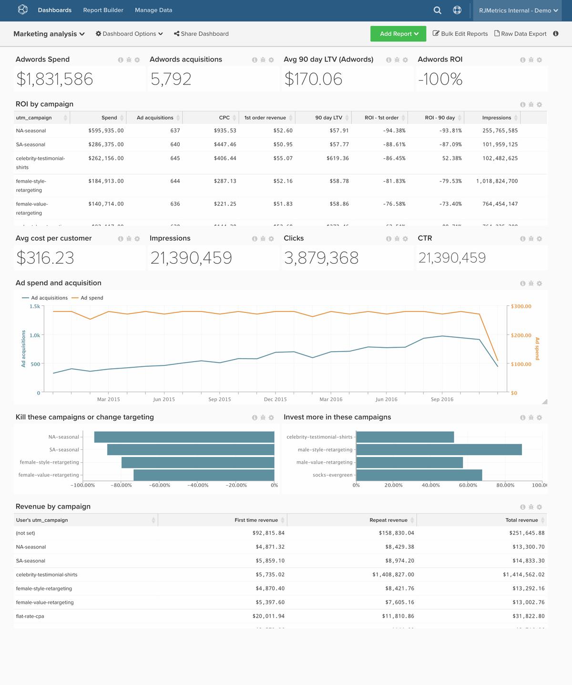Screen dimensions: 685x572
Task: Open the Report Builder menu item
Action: pyautogui.click(x=103, y=10)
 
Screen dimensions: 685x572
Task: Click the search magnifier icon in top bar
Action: pyautogui.click(x=437, y=10)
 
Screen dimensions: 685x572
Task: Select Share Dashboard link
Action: pyautogui.click(x=201, y=34)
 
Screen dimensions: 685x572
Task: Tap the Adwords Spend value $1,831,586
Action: pyautogui.click(x=55, y=79)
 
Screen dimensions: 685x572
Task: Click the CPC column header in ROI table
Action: pyautogui.click(x=224, y=118)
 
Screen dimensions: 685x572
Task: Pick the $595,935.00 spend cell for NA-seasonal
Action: pyautogui.click(x=106, y=131)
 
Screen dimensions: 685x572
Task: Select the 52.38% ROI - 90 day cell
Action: pyautogui.click(x=451, y=158)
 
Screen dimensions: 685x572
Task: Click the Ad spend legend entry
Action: pyautogui.click(x=92, y=298)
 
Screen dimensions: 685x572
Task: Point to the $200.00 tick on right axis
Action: pyautogui.click(x=521, y=335)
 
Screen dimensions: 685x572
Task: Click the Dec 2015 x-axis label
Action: pyautogui.click(x=275, y=399)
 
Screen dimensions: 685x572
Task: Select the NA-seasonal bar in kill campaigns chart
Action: pyautogui.click(x=184, y=437)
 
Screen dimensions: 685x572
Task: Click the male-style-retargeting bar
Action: pyautogui.click(x=439, y=450)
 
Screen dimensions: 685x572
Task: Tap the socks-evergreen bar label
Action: pyautogui.click(x=332, y=475)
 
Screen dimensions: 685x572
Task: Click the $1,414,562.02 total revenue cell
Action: pyautogui.click(x=523, y=575)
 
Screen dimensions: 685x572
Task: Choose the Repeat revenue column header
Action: pyautogui.click(x=388, y=520)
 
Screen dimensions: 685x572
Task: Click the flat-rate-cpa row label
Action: pyautogui.click(x=30, y=616)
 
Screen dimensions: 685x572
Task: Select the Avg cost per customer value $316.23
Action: pyautogui.click(x=45, y=258)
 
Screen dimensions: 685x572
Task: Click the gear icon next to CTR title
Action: pyautogui.click(x=539, y=239)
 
